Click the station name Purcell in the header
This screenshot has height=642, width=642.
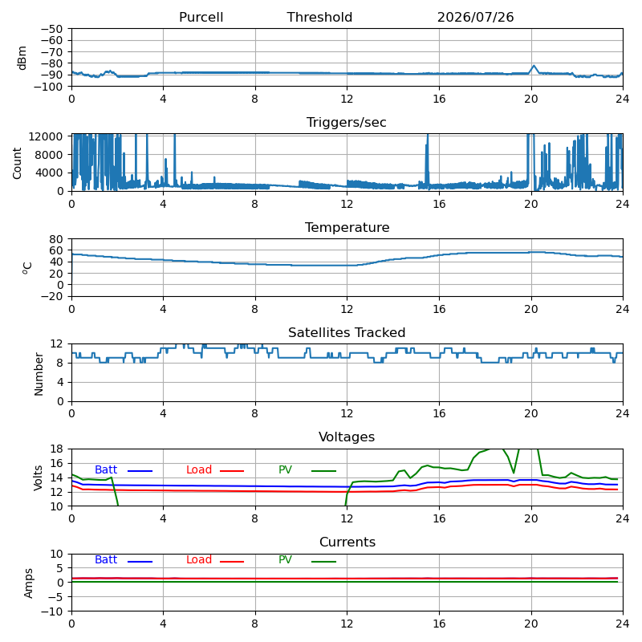point(201,17)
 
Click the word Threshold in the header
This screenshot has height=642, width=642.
point(319,17)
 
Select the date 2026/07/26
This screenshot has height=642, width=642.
point(475,17)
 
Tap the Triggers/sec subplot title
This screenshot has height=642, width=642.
point(347,123)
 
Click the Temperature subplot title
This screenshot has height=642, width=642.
point(347,227)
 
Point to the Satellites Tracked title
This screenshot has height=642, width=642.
point(347,332)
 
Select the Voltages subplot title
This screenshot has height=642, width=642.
point(347,437)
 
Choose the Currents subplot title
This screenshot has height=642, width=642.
point(347,542)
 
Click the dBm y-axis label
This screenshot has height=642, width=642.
point(22,58)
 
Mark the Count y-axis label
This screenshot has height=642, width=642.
point(17,164)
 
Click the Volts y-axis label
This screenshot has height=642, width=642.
point(38,477)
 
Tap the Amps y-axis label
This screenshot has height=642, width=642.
point(28,583)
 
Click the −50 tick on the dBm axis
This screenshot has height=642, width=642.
point(52,29)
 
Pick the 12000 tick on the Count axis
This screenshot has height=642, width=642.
point(46,136)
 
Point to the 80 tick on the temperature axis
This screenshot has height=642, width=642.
point(56,239)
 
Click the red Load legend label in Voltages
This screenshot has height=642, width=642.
point(199,469)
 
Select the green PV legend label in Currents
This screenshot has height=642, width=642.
point(285,559)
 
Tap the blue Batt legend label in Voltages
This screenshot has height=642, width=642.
point(106,469)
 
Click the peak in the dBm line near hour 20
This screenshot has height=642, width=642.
point(534,66)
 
